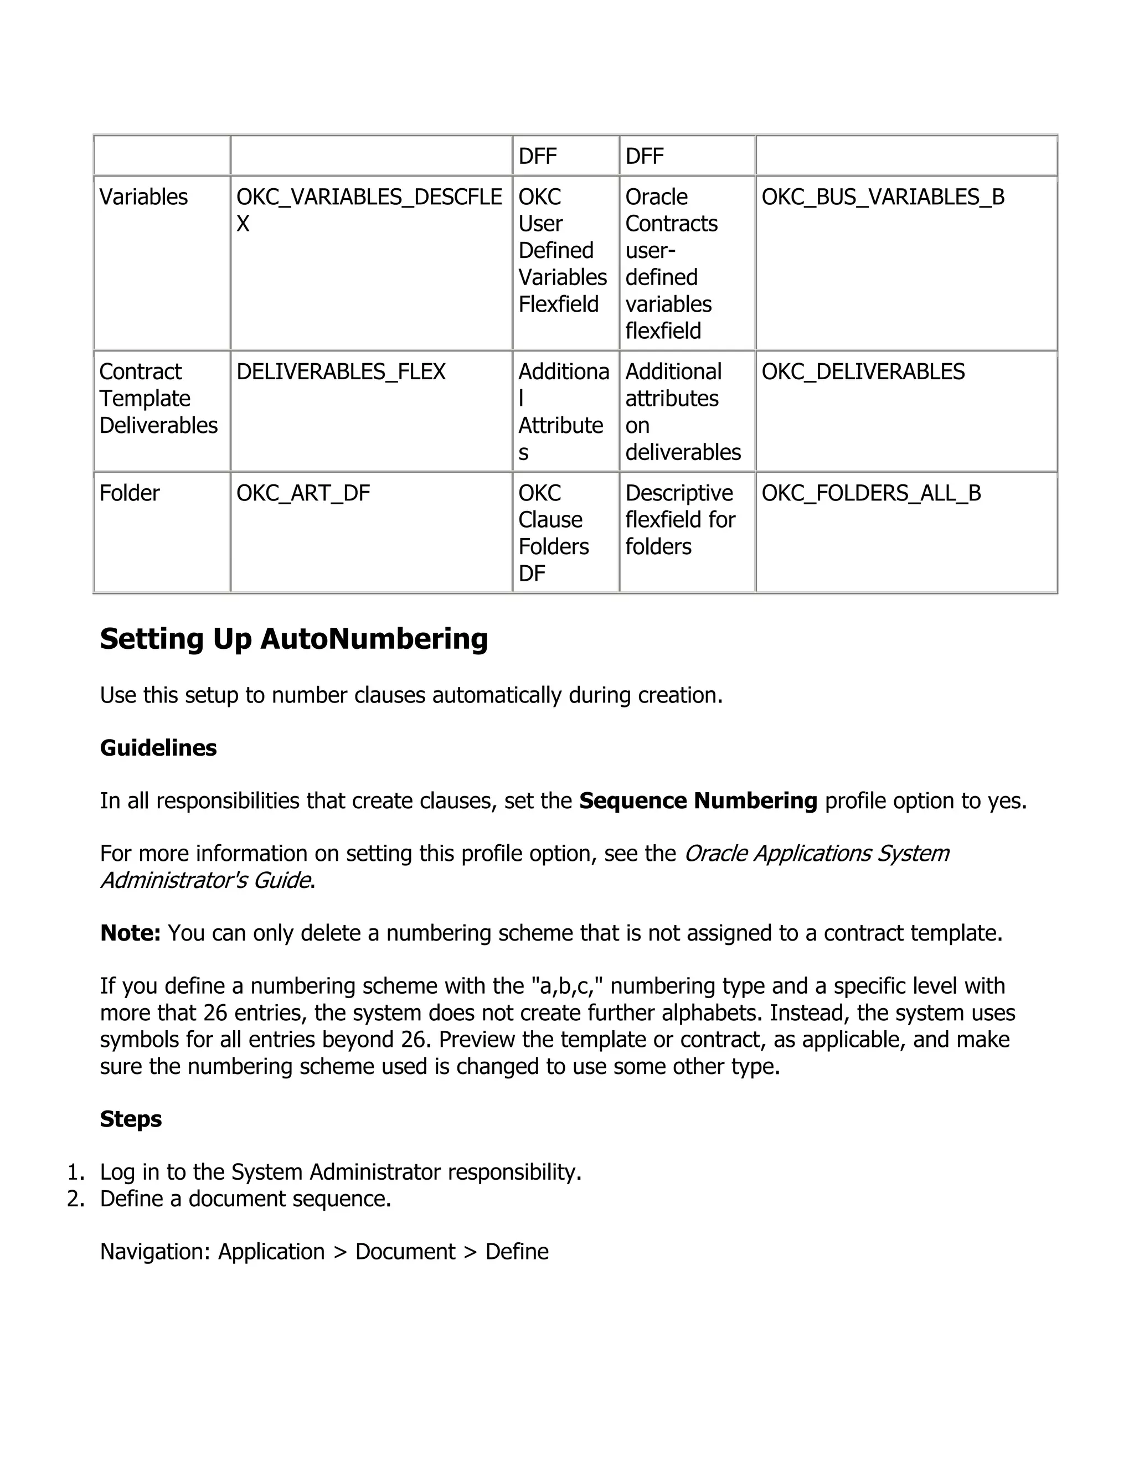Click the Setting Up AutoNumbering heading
pyautogui.click(x=293, y=638)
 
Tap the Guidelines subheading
pyautogui.click(x=158, y=747)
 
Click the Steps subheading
pyautogui.click(x=131, y=1119)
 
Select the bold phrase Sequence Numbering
pyautogui.click(x=698, y=800)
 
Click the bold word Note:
pyautogui.click(x=130, y=933)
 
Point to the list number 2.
pyautogui.click(x=76, y=1199)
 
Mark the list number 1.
pyautogui.click(x=76, y=1172)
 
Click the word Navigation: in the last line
pyautogui.click(x=155, y=1252)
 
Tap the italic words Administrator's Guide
pyautogui.click(x=205, y=880)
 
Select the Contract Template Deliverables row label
pyautogui.click(x=158, y=399)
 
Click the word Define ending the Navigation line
pyautogui.click(x=517, y=1252)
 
